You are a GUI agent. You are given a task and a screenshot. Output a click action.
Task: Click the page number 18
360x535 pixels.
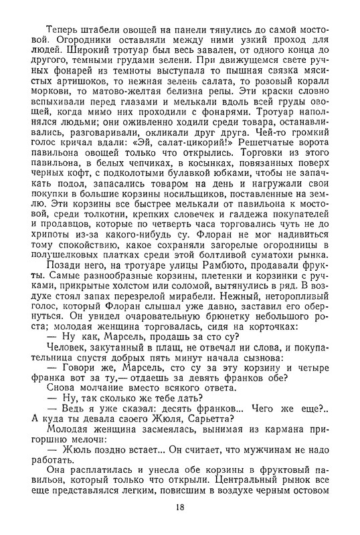tap(180, 508)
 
